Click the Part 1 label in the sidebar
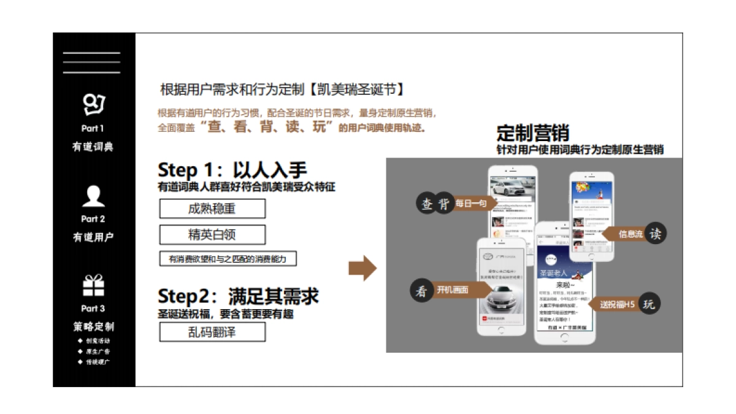(93, 129)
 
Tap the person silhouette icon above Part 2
(93, 196)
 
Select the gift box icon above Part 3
(93, 285)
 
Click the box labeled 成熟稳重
(212, 209)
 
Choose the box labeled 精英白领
(212, 235)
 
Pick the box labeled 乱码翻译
(212, 332)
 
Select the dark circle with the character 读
(654, 233)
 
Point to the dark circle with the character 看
(421, 290)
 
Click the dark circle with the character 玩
(649, 304)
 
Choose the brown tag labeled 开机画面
(454, 290)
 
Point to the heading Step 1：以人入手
(232, 170)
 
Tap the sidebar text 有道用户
(93, 237)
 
